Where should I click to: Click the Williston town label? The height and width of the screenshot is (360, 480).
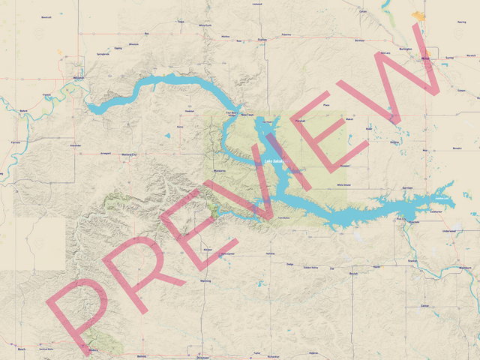click(79, 77)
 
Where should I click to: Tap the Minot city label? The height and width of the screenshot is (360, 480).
click(425, 58)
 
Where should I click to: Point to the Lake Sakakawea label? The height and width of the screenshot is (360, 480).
click(273, 161)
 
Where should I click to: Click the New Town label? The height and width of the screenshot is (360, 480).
click(247, 115)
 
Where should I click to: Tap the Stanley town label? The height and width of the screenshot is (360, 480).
click(262, 39)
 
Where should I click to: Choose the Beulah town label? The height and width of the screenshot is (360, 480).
click(354, 274)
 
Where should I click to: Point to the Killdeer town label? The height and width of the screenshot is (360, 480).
click(208, 249)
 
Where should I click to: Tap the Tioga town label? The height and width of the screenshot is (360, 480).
click(180, 22)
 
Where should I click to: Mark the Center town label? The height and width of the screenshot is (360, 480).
click(424, 306)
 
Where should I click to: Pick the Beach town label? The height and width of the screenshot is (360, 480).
click(21, 349)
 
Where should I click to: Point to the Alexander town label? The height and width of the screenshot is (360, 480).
click(75, 145)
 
